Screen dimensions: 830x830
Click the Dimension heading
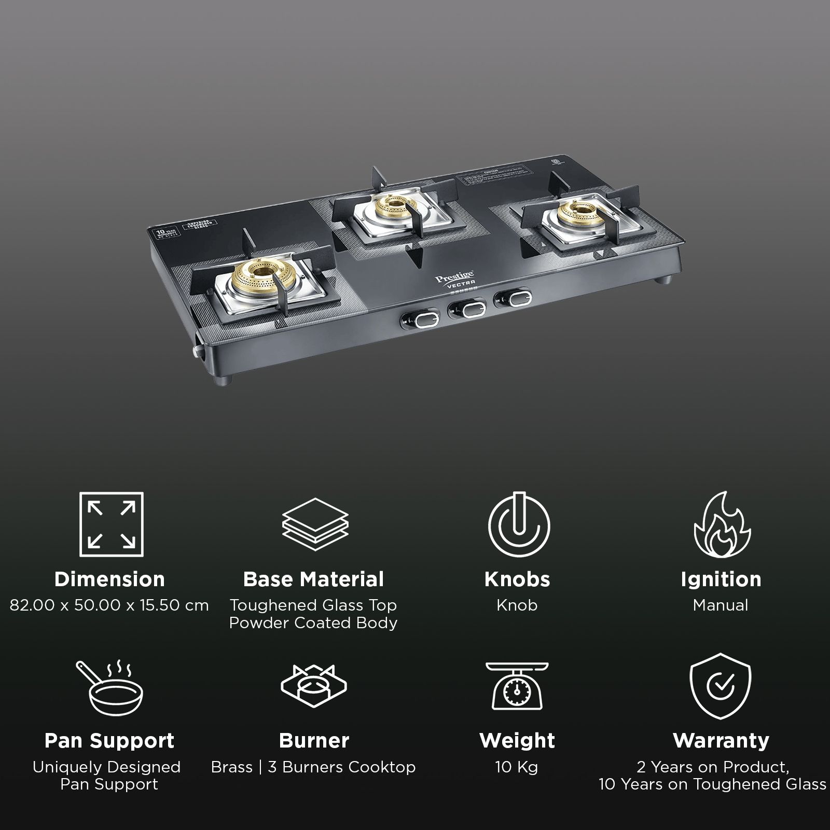click(109, 579)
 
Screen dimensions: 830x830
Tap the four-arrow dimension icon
click(112, 524)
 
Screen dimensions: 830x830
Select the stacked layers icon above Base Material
click(315, 525)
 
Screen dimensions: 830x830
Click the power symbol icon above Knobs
click(518, 524)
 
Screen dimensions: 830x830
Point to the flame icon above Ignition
click(722, 524)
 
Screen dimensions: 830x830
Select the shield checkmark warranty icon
click(721, 686)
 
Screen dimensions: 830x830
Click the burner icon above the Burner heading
click(314, 687)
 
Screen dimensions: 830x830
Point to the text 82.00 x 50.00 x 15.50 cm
click(109, 605)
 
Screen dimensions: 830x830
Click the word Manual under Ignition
click(721, 605)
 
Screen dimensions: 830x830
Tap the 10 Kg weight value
click(517, 767)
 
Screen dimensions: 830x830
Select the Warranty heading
click(721, 740)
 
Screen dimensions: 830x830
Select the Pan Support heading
click(109, 740)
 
